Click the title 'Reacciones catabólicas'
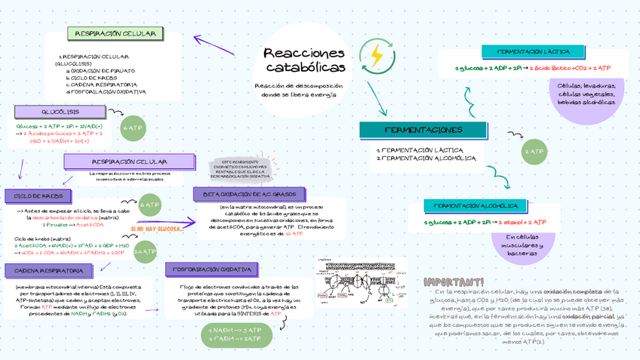click(304, 60)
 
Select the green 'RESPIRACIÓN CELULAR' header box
click(115, 34)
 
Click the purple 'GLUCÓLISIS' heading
click(60, 112)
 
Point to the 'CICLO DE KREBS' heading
click(37, 195)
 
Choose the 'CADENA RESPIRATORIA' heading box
click(49, 270)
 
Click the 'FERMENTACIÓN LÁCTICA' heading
click(534, 51)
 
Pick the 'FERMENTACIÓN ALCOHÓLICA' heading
click(475, 205)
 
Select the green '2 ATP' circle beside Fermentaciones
click(534, 152)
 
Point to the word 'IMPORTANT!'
click(454, 282)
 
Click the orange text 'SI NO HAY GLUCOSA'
click(155, 228)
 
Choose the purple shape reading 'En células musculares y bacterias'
click(522, 245)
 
